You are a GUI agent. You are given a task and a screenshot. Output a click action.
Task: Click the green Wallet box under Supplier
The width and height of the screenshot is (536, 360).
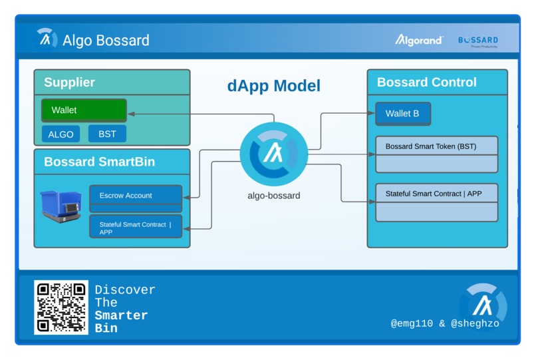coord(84,110)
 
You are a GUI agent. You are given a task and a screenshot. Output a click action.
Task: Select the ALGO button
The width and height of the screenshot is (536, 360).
coord(61,134)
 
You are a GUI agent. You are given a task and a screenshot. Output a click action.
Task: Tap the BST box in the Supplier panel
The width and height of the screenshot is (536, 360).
coord(107,134)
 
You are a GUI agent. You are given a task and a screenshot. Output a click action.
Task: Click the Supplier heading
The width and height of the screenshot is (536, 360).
coord(69,83)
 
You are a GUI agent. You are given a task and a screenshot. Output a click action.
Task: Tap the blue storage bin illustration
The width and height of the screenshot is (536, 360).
coord(61,204)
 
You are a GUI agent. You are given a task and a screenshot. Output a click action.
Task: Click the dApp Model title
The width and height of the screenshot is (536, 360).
coord(273,86)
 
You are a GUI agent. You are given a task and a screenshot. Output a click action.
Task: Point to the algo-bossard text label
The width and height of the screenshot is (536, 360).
coord(273,196)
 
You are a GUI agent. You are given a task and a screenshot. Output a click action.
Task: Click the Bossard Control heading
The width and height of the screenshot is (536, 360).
coord(426,83)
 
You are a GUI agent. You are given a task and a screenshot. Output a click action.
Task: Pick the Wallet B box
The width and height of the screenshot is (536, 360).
coord(402,113)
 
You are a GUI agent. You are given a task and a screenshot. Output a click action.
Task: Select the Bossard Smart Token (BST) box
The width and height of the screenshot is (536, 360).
coord(436,146)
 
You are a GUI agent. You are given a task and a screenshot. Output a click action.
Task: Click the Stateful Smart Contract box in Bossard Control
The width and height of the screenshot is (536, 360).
coord(436,194)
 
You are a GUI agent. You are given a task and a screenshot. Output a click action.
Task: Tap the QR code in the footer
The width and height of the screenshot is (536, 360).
coord(61,307)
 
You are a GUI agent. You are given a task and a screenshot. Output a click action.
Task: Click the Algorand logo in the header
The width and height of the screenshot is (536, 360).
coord(419,41)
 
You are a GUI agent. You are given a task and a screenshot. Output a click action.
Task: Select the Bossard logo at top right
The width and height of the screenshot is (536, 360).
coord(477,41)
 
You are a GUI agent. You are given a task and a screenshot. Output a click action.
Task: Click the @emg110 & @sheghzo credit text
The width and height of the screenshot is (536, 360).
coord(445,323)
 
